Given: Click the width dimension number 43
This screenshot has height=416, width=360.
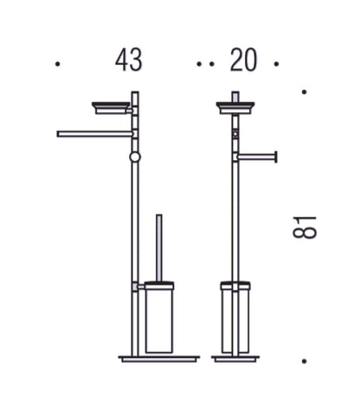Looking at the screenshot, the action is pyautogui.click(x=129, y=60).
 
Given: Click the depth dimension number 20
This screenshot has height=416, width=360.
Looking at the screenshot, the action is pyautogui.click(x=243, y=60).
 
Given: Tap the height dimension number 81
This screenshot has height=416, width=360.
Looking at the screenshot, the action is pyautogui.click(x=305, y=227).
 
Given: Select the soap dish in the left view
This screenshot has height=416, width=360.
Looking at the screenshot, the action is pyautogui.click(x=111, y=108).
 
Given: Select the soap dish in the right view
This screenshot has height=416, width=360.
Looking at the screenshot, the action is pyautogui.click(x=235, y=108).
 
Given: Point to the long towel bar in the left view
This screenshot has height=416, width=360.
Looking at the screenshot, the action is pyautogui.click(x=95, y=134).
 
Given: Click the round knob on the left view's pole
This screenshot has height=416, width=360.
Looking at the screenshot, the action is pyautogui.click(x=135, y=157).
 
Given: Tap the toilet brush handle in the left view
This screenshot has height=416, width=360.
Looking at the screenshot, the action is pyautogui.click(x=159, y=248).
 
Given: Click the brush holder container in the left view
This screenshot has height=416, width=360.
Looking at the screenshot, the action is pyautogui.click(x=159, y=317).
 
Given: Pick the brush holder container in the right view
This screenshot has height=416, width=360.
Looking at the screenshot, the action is pyautogui.click(x=235, y=317).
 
